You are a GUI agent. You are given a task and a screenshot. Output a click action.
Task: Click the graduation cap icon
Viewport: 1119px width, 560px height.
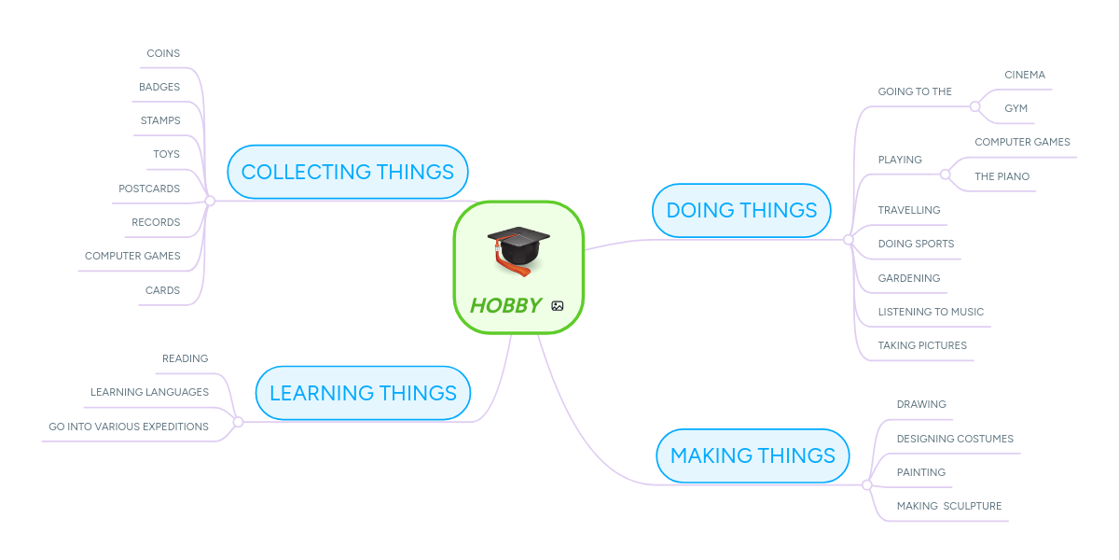coord(518,249)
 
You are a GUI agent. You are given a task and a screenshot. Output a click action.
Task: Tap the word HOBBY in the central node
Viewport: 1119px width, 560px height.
coord(505,305)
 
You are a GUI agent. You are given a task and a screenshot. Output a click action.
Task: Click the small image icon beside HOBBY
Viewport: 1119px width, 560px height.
coord(558,305)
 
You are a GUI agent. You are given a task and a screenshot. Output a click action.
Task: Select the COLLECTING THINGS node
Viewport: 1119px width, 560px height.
coord(347,172)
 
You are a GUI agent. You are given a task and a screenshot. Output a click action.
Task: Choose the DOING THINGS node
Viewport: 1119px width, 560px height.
coord(741,210)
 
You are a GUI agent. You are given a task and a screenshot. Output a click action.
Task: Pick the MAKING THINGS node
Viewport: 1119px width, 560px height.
coord(753,455)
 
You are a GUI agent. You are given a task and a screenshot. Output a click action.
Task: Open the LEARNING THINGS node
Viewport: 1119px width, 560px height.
coord(363,393)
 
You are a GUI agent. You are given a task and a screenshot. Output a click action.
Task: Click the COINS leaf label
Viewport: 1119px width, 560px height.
coord(163,53)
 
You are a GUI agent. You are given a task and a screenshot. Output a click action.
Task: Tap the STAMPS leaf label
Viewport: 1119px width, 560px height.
coord(160,120)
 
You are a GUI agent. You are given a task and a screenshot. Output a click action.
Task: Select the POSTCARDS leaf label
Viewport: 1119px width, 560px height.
coord(149,189)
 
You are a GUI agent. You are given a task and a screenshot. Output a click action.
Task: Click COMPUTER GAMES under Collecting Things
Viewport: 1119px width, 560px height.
coord(132,256)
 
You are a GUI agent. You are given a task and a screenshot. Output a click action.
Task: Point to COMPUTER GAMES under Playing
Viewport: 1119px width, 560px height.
coord(1022,142)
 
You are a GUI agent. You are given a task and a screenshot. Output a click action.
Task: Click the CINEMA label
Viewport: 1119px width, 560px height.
coord(1025,75)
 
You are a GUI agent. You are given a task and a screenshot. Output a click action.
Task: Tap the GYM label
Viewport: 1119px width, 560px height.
coord(1015,108)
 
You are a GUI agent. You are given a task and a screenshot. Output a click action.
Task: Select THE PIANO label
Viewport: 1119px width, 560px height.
coord(1002,176)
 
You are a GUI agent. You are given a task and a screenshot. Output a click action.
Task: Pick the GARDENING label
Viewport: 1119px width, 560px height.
coord(908,278)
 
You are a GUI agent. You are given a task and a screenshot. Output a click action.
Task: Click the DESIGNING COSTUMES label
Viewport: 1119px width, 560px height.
coord(955,439)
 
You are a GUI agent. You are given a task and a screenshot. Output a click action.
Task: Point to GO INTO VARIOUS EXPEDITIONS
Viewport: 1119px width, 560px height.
coord(129,427)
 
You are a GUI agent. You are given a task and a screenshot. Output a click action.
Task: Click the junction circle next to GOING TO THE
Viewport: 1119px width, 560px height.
coord(974,106)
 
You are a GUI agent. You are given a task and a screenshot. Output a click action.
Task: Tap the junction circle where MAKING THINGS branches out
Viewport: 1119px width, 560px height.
coord(866,485)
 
